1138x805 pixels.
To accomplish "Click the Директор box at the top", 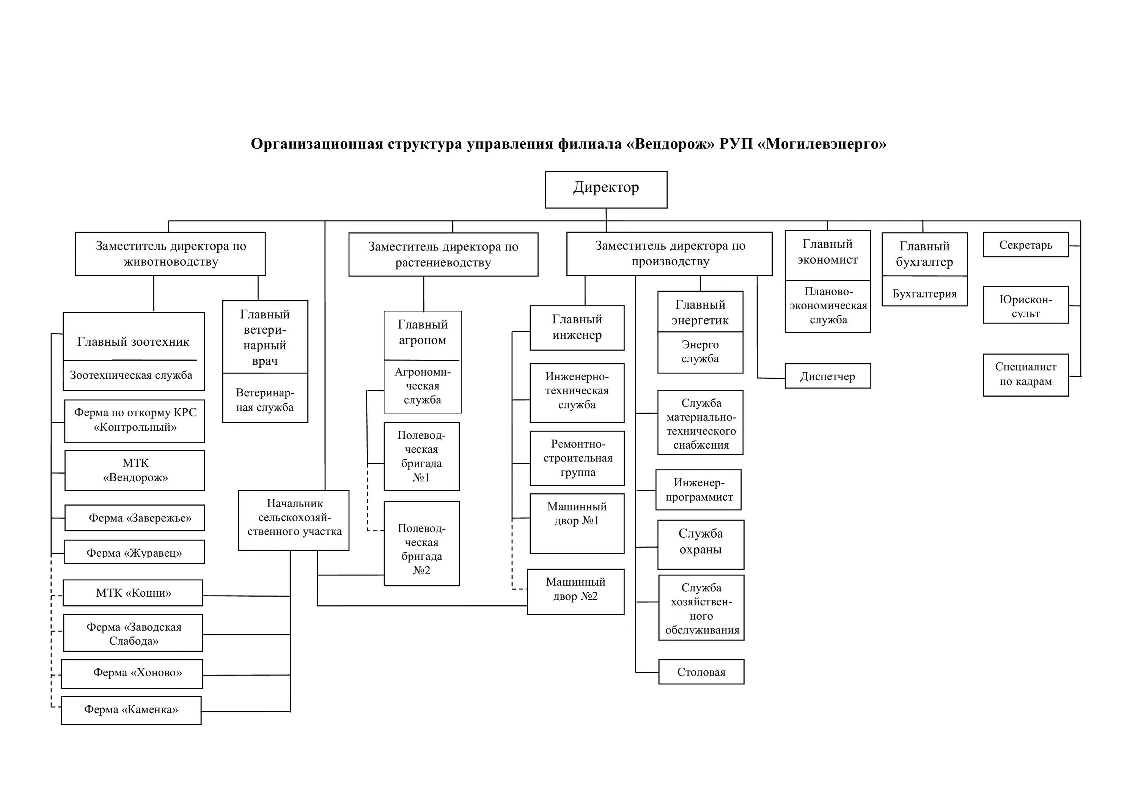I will pos(606,189).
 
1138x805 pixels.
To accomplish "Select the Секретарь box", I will pos(1025,245).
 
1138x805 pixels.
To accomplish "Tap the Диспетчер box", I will pos(827,377).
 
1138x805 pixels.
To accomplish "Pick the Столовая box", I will pos(701,672).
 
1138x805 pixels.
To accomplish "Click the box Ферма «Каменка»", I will pos(131,710).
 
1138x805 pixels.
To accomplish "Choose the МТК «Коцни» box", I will pos(133,593).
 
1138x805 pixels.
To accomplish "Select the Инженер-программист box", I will pos(698,490).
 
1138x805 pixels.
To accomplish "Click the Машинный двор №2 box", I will pos(575,591).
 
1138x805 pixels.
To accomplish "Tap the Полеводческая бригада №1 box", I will pos(421,456).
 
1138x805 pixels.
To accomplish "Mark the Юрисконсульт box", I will pos(1025,306).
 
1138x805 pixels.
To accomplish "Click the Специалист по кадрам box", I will pos(1025,375).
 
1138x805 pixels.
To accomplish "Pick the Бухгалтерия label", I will pos(924,294).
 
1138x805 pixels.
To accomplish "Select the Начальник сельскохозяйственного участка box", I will pos(294,520).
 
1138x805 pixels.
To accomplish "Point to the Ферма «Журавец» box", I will pos(134,553).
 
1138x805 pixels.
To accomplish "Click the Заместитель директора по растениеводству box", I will pos(443,254).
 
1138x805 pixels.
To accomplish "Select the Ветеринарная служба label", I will pos(265,400).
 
